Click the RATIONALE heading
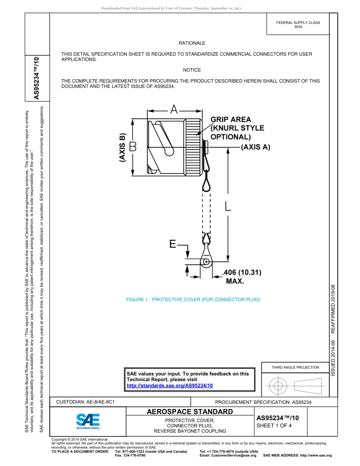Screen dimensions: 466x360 [x=192, y=44]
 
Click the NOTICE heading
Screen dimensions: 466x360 [x=192, y=70]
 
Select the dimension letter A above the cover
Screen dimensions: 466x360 [x=174, y=110]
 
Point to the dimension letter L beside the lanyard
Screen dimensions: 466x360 [x=228, y=206]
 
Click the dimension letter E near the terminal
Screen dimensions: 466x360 [x=173, y=245]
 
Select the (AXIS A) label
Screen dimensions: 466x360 [x=256, y=147]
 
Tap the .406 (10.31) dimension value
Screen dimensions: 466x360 [x=242, y=272]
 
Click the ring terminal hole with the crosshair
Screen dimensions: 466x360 [x=206, y=262]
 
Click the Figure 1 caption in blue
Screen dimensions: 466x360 [x=193, y=300]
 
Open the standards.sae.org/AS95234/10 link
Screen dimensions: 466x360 [x=169, y=385]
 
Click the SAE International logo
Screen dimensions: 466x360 [x=88, y=421]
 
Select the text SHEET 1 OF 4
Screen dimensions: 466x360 [x=274, y=425]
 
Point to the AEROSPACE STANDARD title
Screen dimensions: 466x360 [x=190, y=412]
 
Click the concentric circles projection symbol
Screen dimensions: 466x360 [x=278, y=386]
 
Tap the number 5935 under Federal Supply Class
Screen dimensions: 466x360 [x=298, y=27]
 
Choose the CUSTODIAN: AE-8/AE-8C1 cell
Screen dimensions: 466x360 [x=85, y=402]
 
